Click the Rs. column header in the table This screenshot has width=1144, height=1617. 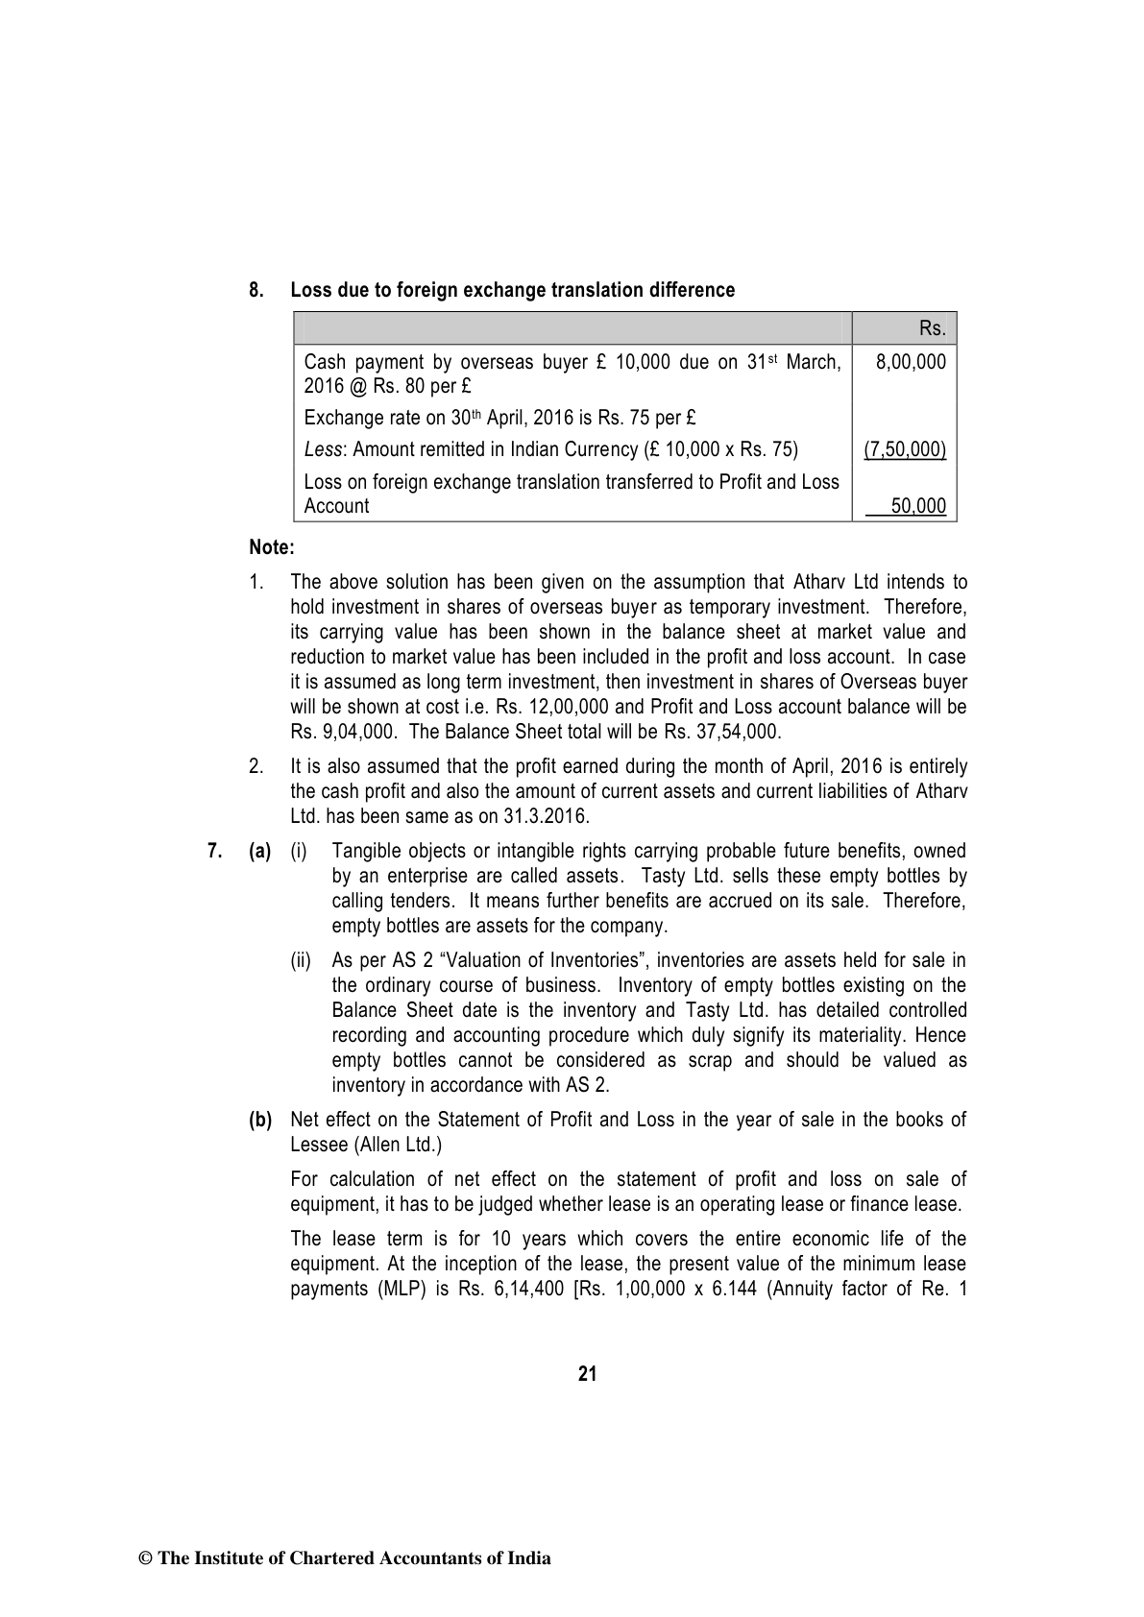tap(932, 328)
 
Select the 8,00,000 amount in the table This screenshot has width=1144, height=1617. tap(911, 362)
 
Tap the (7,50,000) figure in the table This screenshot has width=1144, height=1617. tap(905, 449)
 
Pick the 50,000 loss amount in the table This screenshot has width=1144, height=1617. tap(918, 506)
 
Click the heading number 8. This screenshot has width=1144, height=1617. tap(256, 290)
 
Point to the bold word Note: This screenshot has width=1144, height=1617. tap(271, 547)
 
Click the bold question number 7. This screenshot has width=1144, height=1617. tap(215, 851)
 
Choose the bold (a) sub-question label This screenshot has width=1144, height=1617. tap(260, 851)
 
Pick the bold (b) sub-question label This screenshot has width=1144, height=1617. tap(260, 1120)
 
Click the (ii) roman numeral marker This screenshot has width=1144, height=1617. tap(301, 960)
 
